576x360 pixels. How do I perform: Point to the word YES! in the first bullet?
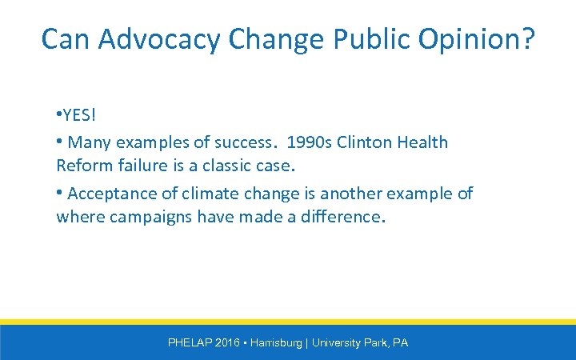click(x=78, y=116)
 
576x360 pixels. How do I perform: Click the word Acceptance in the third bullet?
click(x=108, y=194)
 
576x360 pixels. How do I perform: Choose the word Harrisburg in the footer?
click(x=276, y=342)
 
